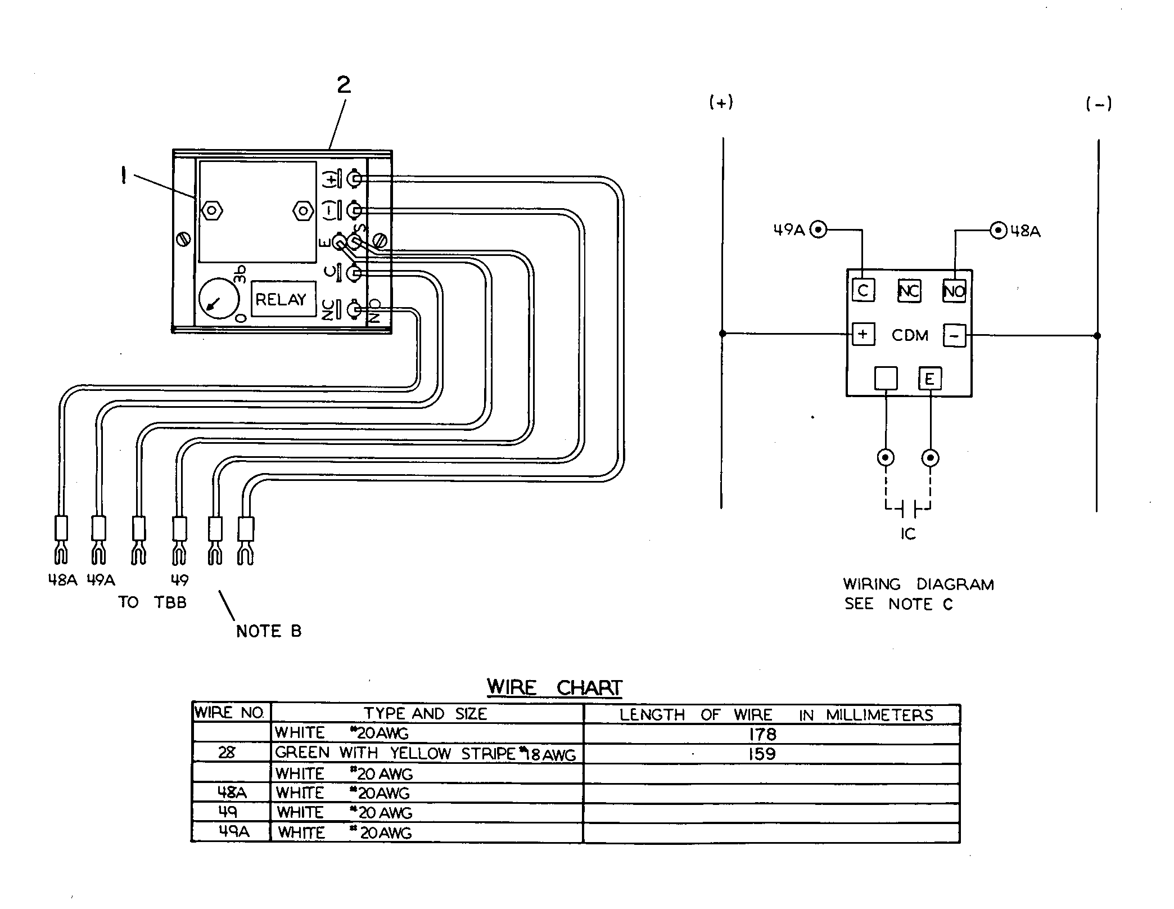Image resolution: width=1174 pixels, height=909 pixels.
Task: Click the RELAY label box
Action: point(283,299)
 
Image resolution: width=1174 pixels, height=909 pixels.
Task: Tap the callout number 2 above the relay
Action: point(344,85)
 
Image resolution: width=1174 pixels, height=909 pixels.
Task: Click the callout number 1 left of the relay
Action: point(124,176)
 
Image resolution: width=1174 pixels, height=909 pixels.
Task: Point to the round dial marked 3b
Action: point(219,299)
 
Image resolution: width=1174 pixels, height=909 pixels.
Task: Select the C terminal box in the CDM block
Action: point(863,291)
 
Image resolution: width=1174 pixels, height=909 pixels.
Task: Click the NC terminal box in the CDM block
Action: point(909,291)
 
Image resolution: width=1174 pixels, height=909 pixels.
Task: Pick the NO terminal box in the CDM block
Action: point(954,291)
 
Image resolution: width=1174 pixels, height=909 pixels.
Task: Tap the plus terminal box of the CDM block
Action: point(863,335)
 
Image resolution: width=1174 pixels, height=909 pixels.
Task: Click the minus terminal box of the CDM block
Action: point(954,336)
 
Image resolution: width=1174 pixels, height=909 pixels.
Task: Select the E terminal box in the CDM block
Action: point(930,379)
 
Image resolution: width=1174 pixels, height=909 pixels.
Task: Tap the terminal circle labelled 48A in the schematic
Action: point(998,230)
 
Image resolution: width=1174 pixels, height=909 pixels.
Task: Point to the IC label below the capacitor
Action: point(908,533)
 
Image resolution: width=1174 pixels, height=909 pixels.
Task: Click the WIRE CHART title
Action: point(554,687)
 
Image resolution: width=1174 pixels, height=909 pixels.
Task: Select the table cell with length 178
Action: point(772,733)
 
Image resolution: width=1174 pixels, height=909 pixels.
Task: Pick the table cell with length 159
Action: point(772,753)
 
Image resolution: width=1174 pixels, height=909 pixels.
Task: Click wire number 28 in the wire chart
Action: point(227,753)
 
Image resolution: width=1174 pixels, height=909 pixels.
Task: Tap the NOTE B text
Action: point(269,631)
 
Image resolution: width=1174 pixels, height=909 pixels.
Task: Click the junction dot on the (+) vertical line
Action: point(723,334)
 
